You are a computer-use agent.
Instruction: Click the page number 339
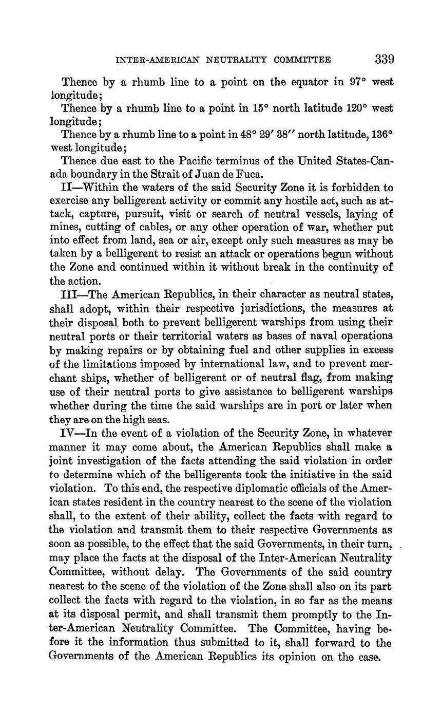tap(384, 59)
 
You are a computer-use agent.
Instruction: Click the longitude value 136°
tap(382, 135)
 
